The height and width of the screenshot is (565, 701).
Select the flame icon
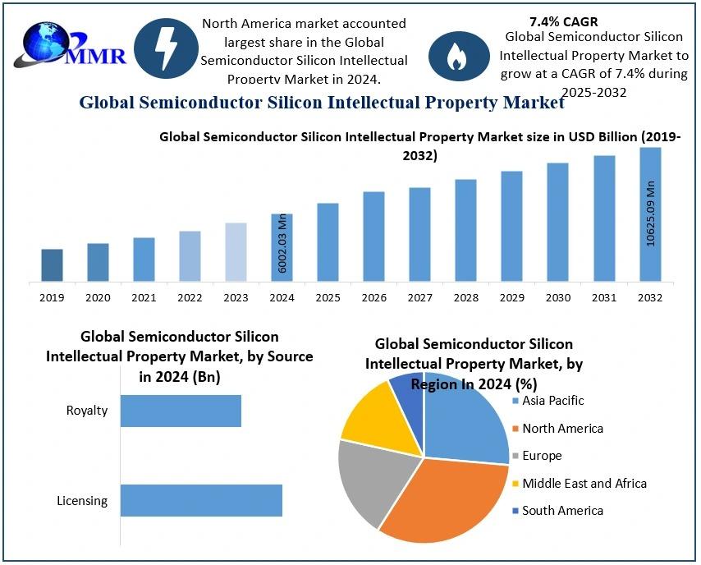pos(455,55)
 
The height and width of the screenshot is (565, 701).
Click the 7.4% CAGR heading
pos(564,21)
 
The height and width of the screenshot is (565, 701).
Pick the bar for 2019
pos(52,265)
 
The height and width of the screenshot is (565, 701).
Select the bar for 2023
pos(236,252)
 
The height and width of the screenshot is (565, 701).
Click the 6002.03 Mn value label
pos(282,243)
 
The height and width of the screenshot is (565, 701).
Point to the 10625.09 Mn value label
pos(650,212)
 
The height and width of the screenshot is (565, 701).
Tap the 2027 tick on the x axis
pos(419,297)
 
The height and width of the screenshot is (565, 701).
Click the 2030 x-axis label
pos(557,297)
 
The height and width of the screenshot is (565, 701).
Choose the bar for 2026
pos(373,237)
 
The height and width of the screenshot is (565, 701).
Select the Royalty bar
pos(181,411)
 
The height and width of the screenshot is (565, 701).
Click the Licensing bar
pos(201,500)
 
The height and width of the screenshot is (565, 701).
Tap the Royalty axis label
pos(87,411)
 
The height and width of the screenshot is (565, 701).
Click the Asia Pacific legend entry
pos(552,401)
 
